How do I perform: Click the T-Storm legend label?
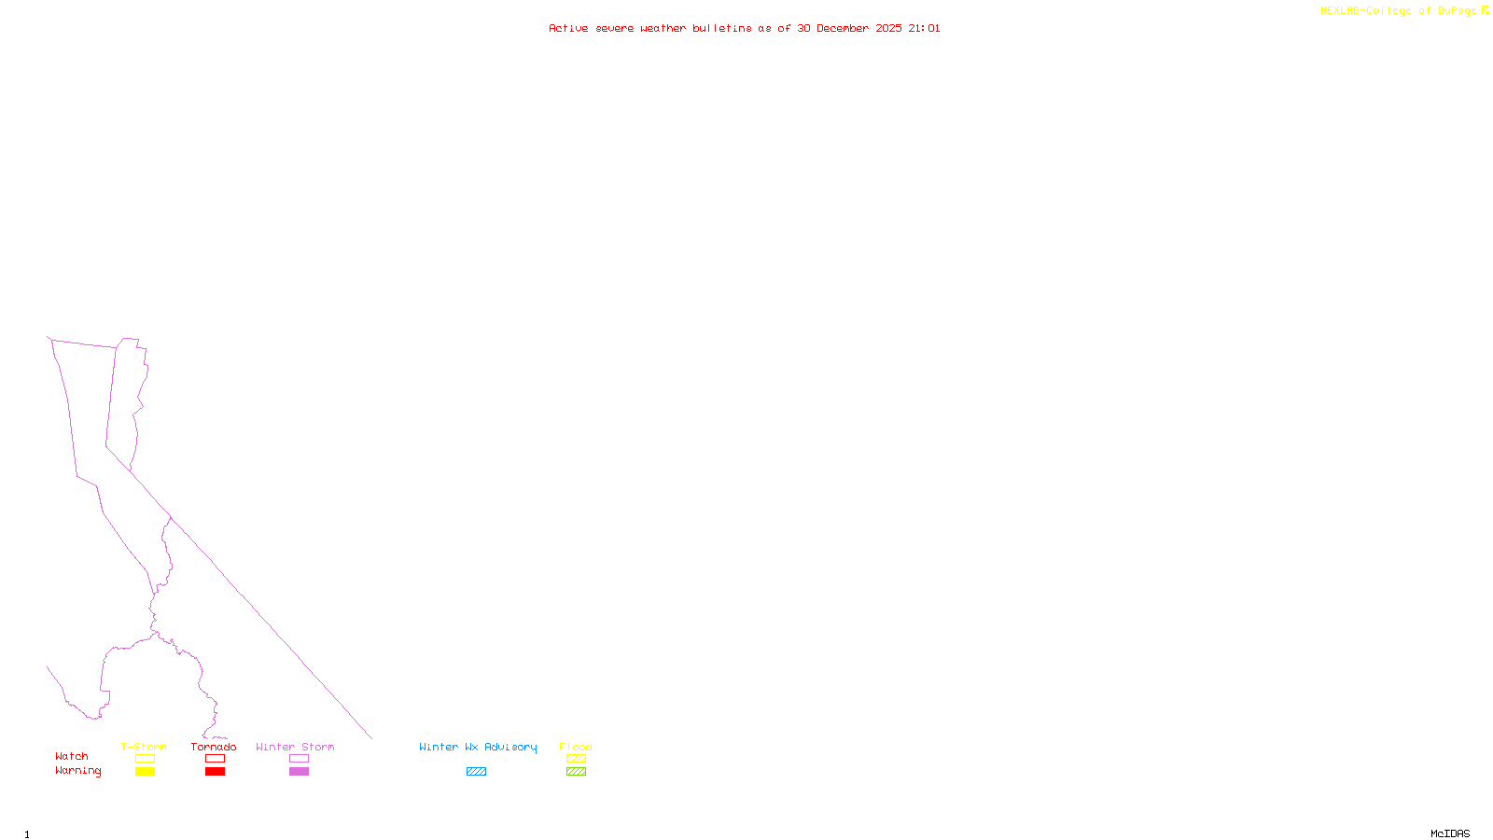coord(144,747)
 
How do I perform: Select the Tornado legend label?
coord(214,747)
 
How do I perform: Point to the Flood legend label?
coord(576,747)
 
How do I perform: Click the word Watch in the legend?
coord(72,756)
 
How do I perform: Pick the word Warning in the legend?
coord(77,771)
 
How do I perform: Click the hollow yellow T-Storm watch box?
coord(145,759)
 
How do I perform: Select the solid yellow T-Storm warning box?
coord(145,772)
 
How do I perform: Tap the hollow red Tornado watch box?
coord(215,759)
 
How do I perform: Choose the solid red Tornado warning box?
coord(215,772)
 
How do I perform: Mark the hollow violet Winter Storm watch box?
coord(299,759)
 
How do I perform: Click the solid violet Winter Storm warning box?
coord(299,772)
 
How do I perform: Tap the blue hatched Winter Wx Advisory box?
coord(476,772)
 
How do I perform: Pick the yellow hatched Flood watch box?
coord(576,759)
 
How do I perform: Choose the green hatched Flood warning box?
coord(576,772)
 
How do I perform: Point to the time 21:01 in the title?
coord(924,28)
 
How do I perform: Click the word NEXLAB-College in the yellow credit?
coord(1365,11)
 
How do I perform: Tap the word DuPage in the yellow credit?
coord(1457,11)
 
